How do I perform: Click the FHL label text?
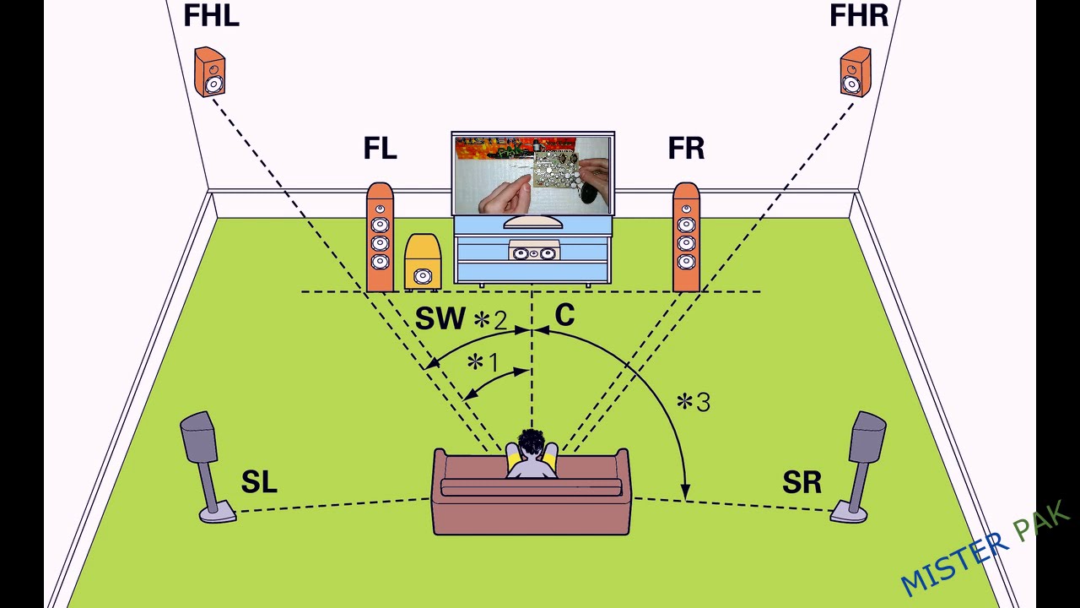[x=212, y=15]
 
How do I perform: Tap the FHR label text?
[x=859, y=15]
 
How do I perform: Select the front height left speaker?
[x=210, y=72]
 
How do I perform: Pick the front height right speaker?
[x=856, y=72]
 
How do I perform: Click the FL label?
[x=380, y=148]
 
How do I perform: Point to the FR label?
[x=686, y=148]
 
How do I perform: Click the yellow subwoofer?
[x=423, y=262]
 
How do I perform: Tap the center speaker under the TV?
[x=533, y=252]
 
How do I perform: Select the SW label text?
[x=440, y=318]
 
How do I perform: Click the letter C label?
[x=564, y=315]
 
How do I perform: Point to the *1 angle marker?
[x=483, y=362]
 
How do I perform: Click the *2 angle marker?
[x=490, y=320]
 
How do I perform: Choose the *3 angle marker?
[x=694, y=402]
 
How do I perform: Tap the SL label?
[x=259, y=481]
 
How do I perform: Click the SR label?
[x=802, y=481]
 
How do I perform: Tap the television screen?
[x=532, y=176]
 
